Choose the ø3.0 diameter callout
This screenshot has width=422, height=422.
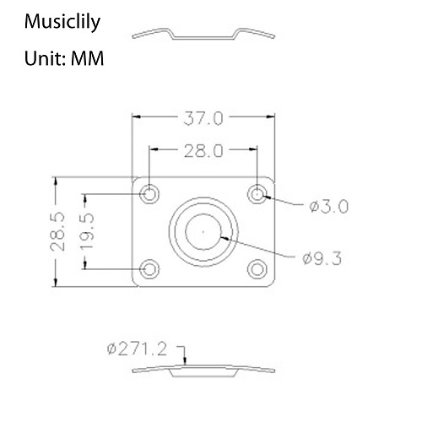point(328,205)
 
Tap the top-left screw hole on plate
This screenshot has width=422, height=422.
point(150,194)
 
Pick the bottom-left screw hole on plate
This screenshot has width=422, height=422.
point(150,268)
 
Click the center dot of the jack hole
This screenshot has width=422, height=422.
point(203,230)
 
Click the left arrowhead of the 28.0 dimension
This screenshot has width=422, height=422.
point(153,151)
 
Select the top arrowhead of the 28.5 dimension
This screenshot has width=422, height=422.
point(56,180)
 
